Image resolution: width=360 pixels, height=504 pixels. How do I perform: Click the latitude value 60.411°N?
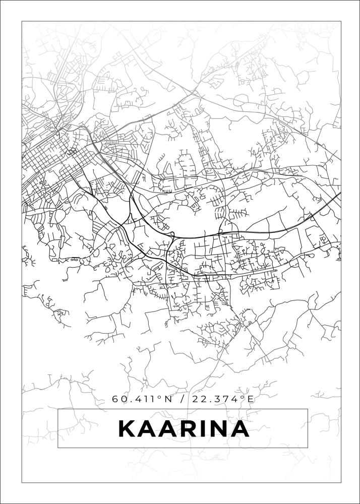(142, 399)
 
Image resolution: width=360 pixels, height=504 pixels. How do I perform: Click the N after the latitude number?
(168, 399)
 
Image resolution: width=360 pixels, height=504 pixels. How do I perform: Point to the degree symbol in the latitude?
(160, 397)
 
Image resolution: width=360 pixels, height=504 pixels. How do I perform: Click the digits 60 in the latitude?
(119, 399)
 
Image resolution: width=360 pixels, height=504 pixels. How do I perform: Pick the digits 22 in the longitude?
(199, 399)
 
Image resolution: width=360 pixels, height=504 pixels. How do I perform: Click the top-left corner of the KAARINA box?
(58, 409)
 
